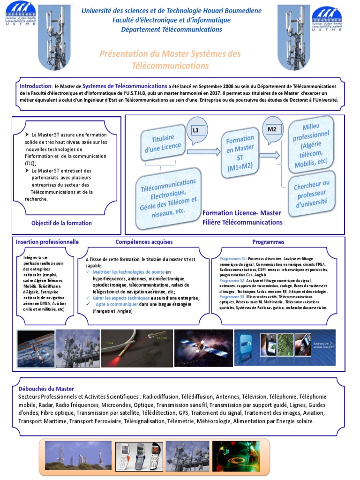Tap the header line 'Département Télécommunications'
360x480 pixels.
(172, 30)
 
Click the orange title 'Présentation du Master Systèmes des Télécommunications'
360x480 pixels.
(170, 60)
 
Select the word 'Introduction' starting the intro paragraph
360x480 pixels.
(35, 86)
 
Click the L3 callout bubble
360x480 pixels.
(195, 130)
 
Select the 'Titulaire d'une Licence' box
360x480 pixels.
(163, 142)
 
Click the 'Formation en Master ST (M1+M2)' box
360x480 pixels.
(240, 153)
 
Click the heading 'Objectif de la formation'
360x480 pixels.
(61, 223)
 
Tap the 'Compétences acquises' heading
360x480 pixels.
(144, 242)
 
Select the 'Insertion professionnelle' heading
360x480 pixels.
(47, 242)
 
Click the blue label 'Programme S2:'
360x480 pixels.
(232, 280)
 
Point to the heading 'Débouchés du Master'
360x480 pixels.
(46, 389)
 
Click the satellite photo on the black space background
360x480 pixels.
(203, 347)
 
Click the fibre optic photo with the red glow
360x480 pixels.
(136, 347)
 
